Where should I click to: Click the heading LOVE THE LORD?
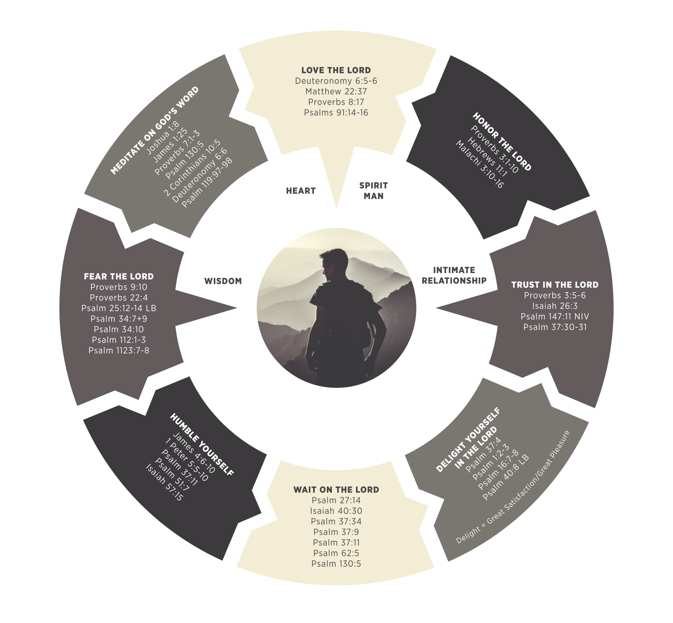(x=336, y=70)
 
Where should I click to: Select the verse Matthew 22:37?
(x=336, y=92)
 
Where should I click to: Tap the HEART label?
(x=300, y=191)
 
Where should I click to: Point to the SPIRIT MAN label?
(x=373, y=191)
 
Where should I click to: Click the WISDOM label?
(x=223, y=281)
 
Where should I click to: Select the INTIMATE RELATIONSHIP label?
(x=454, y=275)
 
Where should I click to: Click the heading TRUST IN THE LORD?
(x=555, y=285)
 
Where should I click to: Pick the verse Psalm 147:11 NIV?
(x=555, y=317)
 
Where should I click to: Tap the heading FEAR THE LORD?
(x=118, y=277)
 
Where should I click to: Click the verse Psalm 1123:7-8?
(x=118, y=350)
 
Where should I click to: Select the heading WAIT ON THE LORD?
(x=336, y=490)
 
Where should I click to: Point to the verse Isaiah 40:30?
(x=336, y=511)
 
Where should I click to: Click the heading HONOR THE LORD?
(x=502, y=142)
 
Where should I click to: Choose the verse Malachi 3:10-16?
(x=479, y=164)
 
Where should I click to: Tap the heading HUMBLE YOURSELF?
(x=202, y=444)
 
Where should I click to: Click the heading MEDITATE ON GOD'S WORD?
(x=154, y=131)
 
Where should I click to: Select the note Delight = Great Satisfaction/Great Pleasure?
(x=513, y=487)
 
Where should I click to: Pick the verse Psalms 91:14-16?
(x=336, y=113)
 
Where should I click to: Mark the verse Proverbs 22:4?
(x=118, y=298)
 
